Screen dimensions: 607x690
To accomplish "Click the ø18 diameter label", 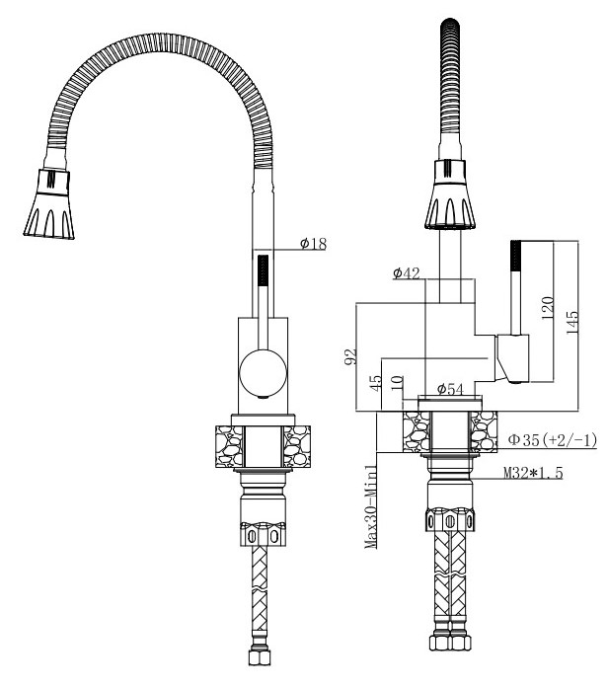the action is coord(314,244).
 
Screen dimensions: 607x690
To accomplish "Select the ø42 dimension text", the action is coord(407,273).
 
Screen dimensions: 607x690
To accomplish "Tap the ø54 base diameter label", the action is coord(450,389).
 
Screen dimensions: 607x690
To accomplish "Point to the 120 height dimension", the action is coord(547,308).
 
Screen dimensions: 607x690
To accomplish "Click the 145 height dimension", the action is coord(571,323).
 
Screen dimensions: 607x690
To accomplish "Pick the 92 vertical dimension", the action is coord(350,356).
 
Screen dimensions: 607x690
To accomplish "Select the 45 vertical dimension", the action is coord(376,383).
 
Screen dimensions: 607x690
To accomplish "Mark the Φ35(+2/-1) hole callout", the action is coord(553,439).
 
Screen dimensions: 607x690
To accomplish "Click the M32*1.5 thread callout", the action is coord(533,473).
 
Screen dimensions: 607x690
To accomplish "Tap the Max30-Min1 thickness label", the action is coord(371,507).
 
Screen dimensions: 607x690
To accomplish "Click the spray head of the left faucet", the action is coord(49,203).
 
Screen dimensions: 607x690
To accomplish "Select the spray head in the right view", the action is coord(450,194).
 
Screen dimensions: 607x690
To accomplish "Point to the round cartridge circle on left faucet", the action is coord(263,373).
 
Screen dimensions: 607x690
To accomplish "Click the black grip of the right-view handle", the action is coord(515,256).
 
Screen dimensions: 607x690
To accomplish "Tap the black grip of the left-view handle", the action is coord(263,270).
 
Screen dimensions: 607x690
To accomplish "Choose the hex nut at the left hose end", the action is coord(260,655).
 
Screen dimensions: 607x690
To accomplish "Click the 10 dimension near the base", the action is coord(397,383).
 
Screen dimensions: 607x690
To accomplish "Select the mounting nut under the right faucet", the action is coord(450,519).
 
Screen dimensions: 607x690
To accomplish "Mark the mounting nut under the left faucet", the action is coord(263,534).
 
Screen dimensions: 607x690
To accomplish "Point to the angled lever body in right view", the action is coord(512,358).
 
